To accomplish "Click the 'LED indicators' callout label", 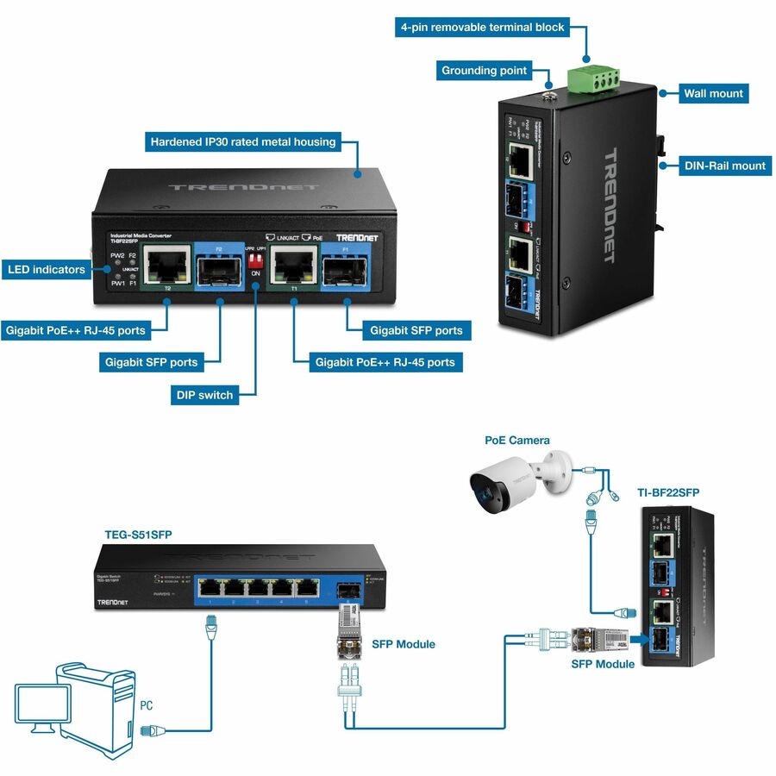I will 47,270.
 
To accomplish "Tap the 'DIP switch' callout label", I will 203,395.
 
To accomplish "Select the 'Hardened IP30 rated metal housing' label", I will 242,141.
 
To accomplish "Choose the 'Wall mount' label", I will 713,93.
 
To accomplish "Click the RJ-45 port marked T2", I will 166,263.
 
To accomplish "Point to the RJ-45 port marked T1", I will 293,263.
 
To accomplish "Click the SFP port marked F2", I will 219,268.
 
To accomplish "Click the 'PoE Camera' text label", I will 517,440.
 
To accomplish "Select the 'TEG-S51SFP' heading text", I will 138,535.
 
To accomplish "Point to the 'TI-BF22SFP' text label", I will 668,492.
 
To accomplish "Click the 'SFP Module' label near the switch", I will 404,644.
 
